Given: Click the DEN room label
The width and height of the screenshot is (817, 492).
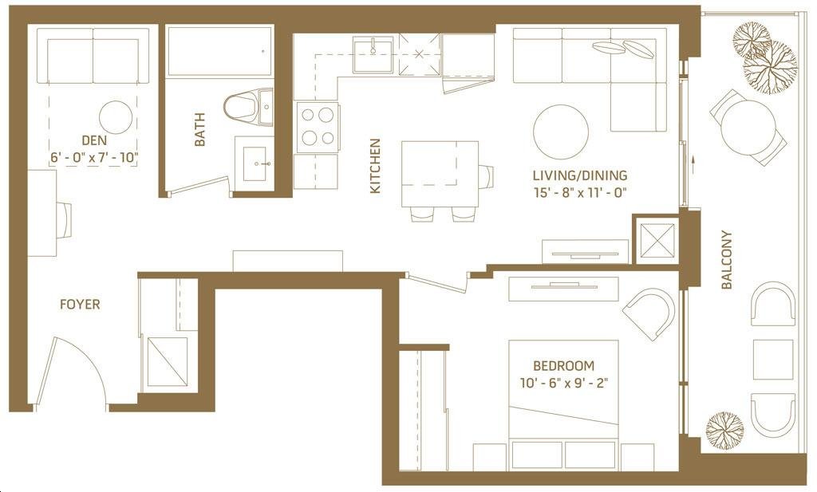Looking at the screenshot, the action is [x=94, y=140].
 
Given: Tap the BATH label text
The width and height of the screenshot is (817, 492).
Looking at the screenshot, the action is [x=199, y=130].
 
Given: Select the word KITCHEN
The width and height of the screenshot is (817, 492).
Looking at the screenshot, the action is [x=375, y=166].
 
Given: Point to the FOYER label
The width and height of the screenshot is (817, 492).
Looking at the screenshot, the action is [x=80, y=304].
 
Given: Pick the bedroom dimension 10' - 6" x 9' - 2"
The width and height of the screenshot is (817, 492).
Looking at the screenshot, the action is [x=564, y=384].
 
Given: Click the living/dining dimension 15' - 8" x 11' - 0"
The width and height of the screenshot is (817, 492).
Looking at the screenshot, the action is [x=580, y=192].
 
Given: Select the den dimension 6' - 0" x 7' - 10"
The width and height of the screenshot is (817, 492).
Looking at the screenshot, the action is [x=94, y=157].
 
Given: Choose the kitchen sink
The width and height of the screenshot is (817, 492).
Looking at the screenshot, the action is [x=373, y=54].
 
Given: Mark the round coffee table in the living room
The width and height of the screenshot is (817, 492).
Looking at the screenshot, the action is [x=561, y=132].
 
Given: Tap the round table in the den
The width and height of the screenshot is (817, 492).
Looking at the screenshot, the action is [x=115, y=117].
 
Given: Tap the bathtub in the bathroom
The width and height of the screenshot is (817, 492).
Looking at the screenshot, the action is [x=219, y=51].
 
